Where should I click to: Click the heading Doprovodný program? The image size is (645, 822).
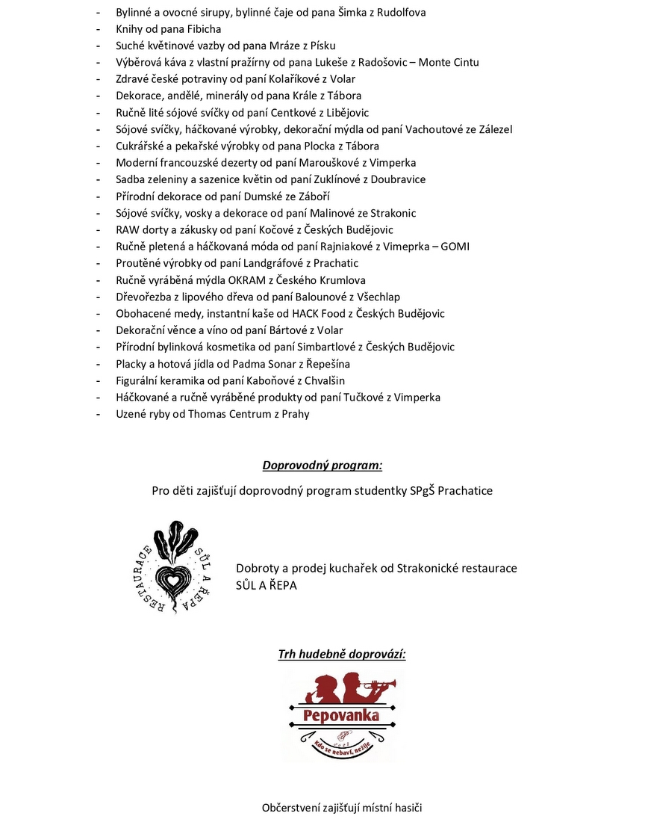coord(322,466)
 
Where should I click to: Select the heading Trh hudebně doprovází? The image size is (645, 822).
coord(342,655)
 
